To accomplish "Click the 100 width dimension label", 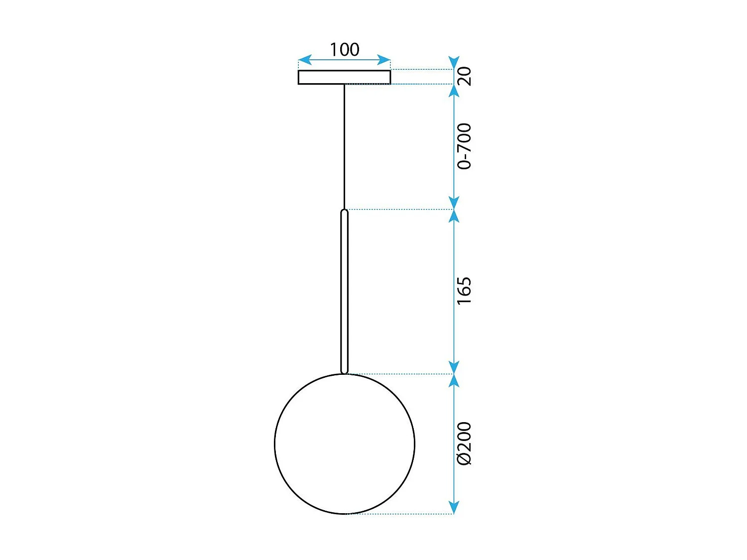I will point(344,50).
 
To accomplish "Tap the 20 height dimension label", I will point(464,76).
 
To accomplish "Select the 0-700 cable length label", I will point(464,146).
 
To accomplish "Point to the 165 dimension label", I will point(464,291).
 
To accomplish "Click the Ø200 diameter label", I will point(464,444).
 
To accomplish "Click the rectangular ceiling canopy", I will point(344,77).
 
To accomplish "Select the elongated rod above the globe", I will point(344,291).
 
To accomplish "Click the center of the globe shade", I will point(345,444).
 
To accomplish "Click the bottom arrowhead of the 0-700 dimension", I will point(454,203).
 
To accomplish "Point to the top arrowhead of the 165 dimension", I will point(454,216).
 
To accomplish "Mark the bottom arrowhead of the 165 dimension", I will point(454,367).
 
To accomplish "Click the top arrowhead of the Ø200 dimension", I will point(454,381).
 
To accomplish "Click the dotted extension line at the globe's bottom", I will point(398,514).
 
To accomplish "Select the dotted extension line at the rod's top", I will point(398,210).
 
